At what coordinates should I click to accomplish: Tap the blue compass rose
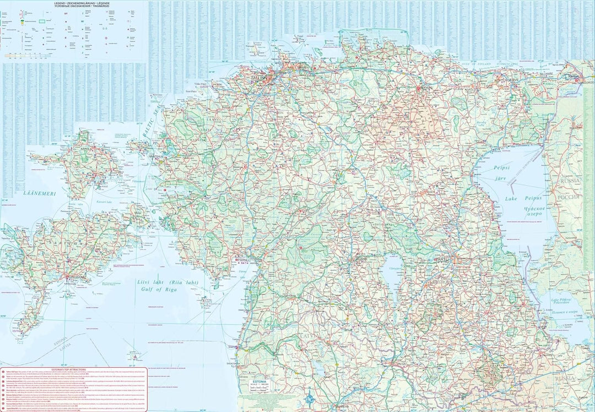[309, 395]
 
